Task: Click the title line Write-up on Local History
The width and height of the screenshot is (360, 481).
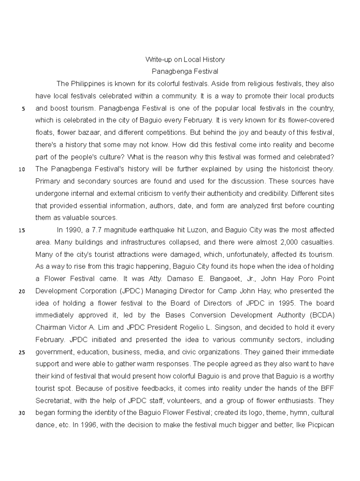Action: tap(185, 59)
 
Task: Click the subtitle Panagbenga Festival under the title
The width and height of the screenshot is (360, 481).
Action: tap(185, 72)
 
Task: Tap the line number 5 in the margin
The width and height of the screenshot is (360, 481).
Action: tap(23, 109)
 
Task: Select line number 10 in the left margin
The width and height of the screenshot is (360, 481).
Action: tap(22, 170)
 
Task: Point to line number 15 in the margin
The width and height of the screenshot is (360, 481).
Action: tap(22, 231)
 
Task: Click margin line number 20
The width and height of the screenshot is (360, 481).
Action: tap(22, 292)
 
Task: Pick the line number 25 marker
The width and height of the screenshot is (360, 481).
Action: tap(22, 352)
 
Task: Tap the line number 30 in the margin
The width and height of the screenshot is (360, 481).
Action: tap(22, 413)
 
